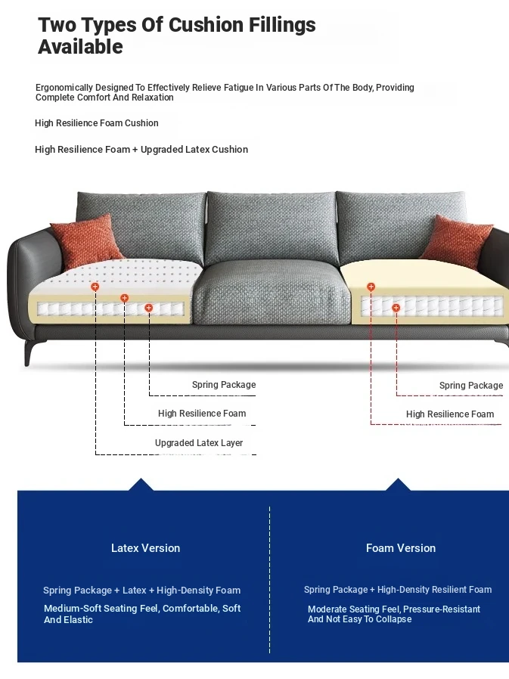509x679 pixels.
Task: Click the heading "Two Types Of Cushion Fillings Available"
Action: [176, 36]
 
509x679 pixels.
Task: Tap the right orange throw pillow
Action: [456, 241]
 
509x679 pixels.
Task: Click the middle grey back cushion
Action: [270, 227]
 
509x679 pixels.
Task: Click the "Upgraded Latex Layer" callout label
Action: [199, 443]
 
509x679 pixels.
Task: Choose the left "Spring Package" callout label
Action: [223, 385]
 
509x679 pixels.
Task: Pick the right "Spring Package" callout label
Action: [470, 386]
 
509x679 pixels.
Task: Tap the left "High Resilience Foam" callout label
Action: [202, 414]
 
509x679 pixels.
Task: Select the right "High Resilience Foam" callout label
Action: [449, 414]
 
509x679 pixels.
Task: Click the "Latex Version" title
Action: [145, 548]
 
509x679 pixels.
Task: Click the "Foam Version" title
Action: [401, 548]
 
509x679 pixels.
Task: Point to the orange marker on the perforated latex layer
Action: [95, 287]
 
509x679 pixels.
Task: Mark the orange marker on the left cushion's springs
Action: [149, 308]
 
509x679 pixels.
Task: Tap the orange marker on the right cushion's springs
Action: [396, 308]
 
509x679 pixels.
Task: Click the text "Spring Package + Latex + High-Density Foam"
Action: [141, 591]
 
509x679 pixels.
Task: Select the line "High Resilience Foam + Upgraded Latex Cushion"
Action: [141, 150]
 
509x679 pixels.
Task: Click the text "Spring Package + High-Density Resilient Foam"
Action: [398, 590]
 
